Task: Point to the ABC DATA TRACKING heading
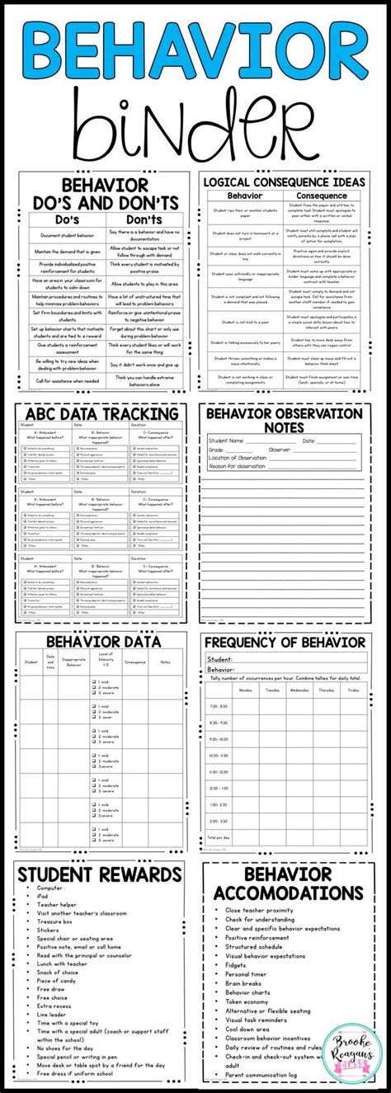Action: (x=102, y=413)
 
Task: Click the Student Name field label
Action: (x=233, y=441)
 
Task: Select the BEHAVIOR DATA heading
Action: (x=102, y=640)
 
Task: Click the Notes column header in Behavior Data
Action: (x=165, y=662)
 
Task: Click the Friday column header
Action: (x=353, y=690)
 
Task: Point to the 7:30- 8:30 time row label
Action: (x=219, y=706)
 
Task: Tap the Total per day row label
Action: (x=219, y=837)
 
